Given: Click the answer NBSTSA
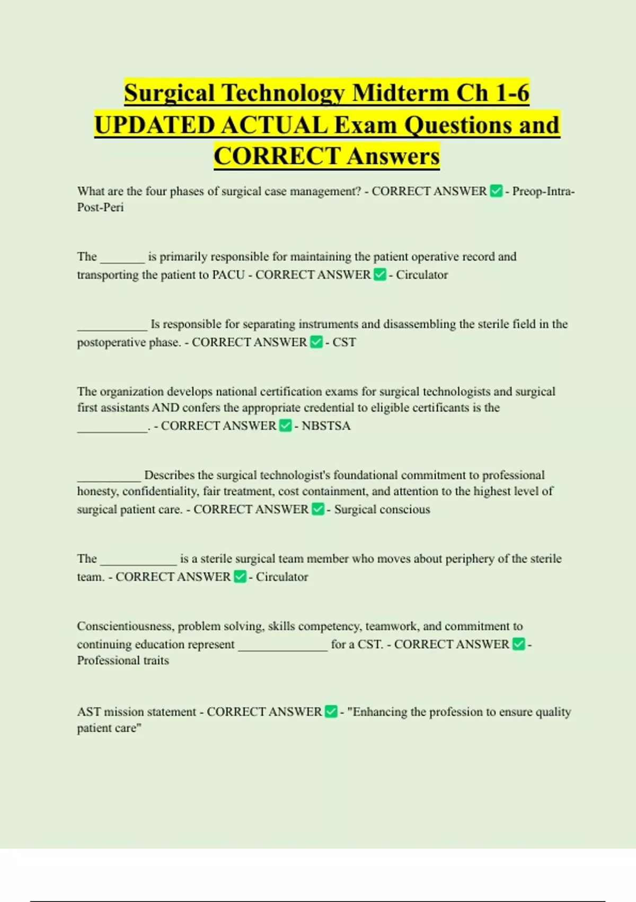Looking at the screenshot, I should pos(326,426).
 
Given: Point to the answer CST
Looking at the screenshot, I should pos(344,342).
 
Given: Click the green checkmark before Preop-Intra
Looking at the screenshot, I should pos(496,191).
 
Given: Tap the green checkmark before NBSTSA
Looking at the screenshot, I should pos(285,426).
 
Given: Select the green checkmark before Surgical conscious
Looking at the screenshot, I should pos(317,509).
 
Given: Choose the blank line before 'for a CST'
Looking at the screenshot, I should pos(283,648).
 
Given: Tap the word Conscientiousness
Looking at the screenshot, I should pos(125,626).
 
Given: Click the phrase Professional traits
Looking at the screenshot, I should pos(123,661).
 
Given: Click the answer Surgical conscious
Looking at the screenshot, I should pos(382,509).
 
